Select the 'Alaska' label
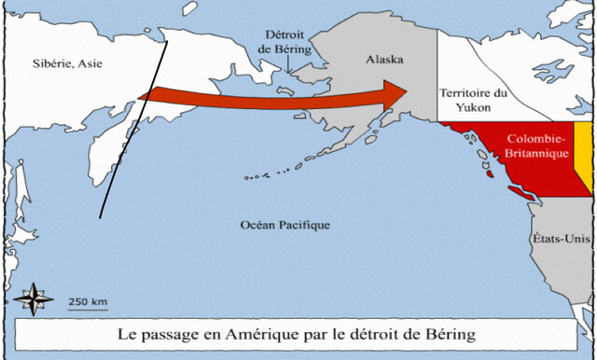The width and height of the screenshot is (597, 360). point(383,60)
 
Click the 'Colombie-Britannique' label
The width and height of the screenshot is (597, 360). point(530,145)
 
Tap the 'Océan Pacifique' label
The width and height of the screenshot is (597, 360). point(285,226)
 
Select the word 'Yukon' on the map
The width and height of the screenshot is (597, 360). point(474,109)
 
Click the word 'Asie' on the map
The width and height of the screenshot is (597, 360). point(90,63)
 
